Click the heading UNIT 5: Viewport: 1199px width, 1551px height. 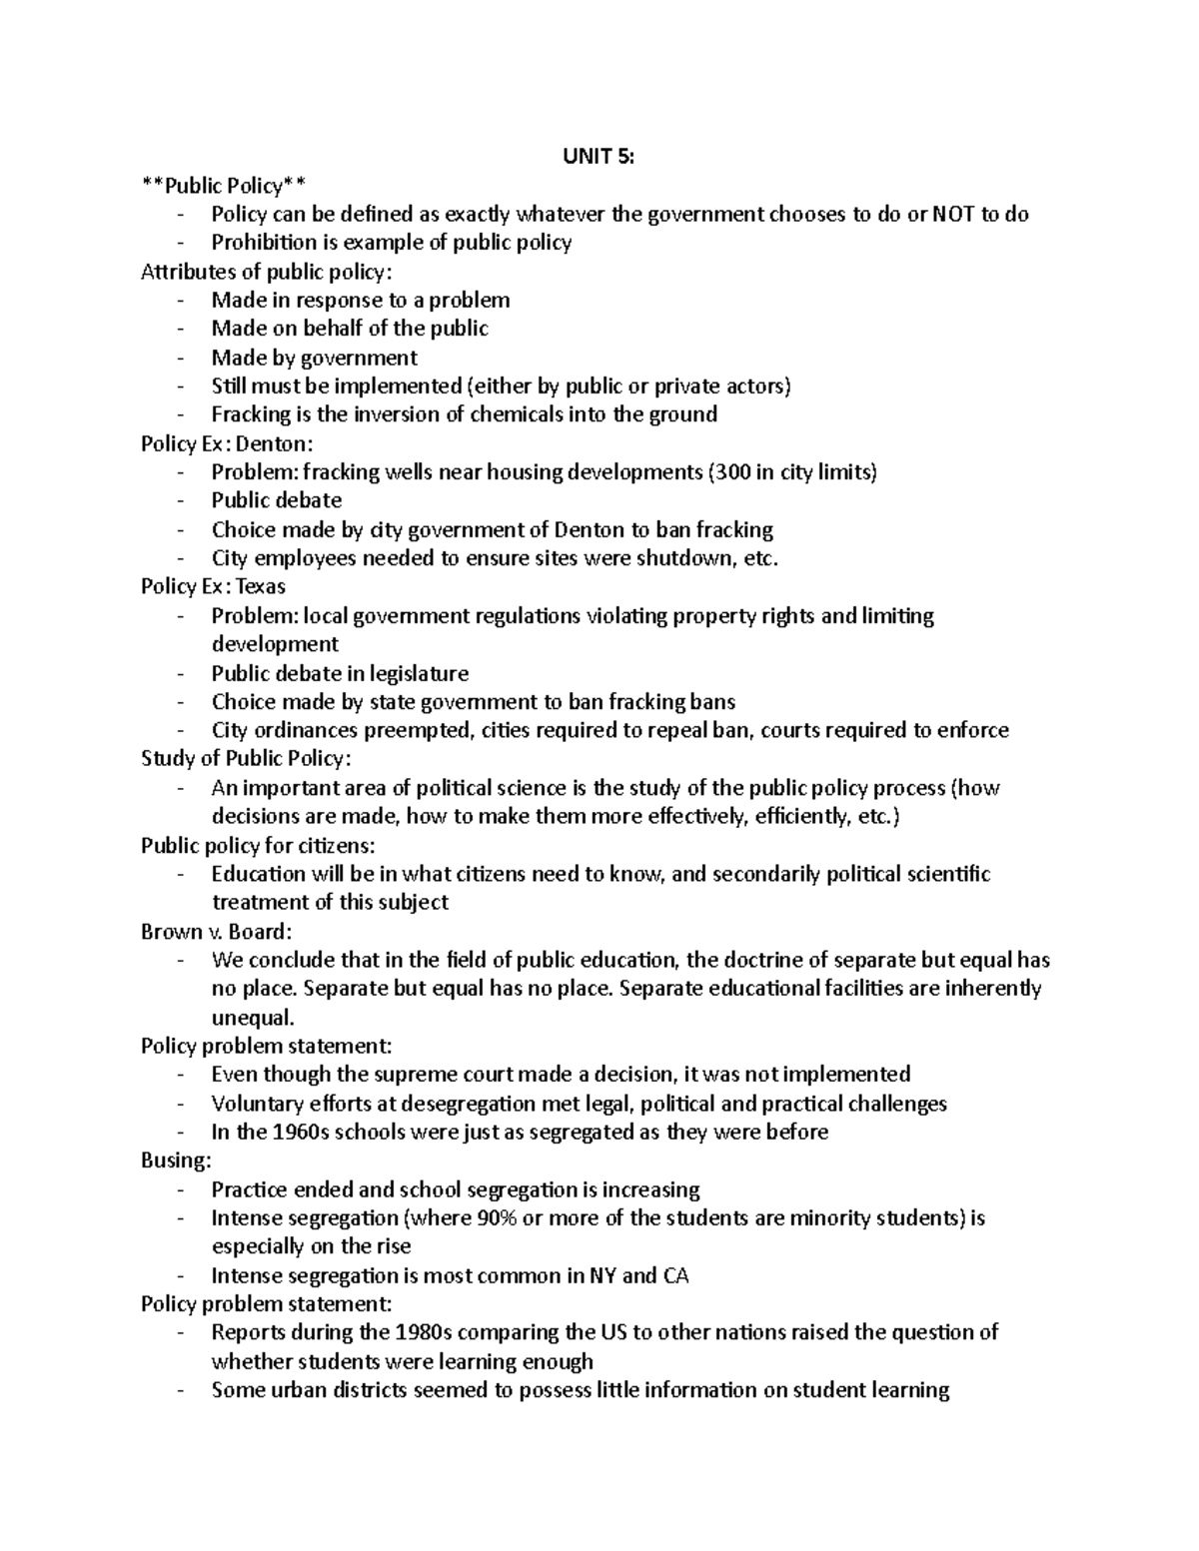click(599, 156)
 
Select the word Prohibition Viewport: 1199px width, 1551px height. click(260, 243)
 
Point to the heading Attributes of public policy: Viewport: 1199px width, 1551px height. click(267, 272)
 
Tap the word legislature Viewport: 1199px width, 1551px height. click(413, 673)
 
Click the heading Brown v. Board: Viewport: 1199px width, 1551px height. click(217, 932)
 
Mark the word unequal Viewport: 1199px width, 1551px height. click(253, 1018)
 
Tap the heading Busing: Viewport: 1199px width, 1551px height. click(177, 1161)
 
